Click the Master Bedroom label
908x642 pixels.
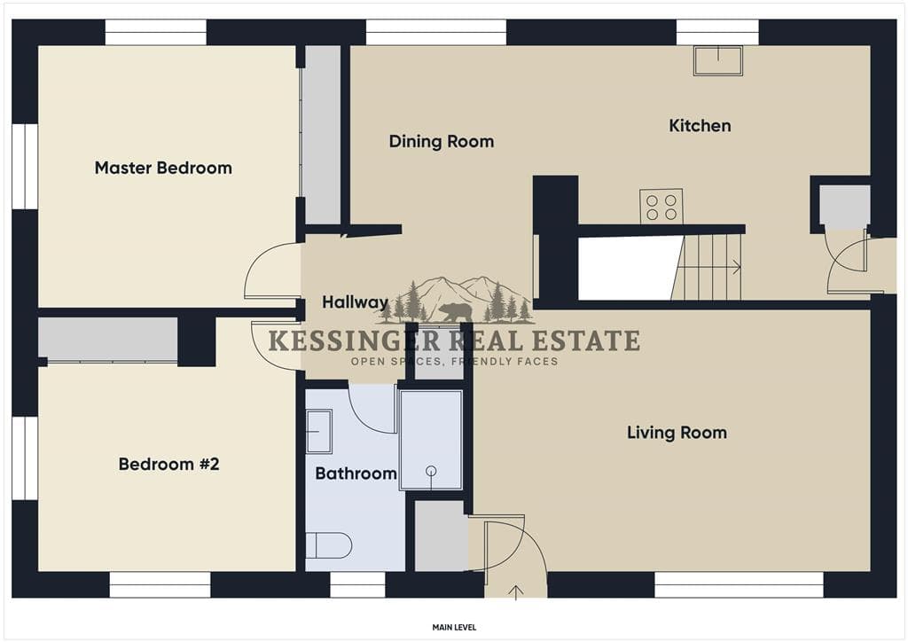click(x=163, y=168)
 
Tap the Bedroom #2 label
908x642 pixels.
click(x=169, y=464)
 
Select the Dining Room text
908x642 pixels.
click(x=442, y=141)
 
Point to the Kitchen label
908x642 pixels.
click(x=700, y=126)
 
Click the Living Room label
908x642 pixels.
click(x=677, y=433)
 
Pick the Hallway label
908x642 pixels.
click(x=355, y=302)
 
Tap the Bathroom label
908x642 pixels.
click(x=356, y=474)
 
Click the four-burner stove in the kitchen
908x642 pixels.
click(x=661, y=207)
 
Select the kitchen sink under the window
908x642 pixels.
click(x=718, y=61)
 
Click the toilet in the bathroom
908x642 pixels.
click(x=328, y=544)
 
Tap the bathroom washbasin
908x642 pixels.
click(x=318, y=431)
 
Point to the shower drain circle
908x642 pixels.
click(x=431, y=471)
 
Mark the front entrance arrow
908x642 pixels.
click(x=515, y=592)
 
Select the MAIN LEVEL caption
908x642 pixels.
click(x=455, y=628)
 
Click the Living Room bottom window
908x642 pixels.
click(x=739, y=584)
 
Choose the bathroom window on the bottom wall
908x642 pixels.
click(x=357, y=584)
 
